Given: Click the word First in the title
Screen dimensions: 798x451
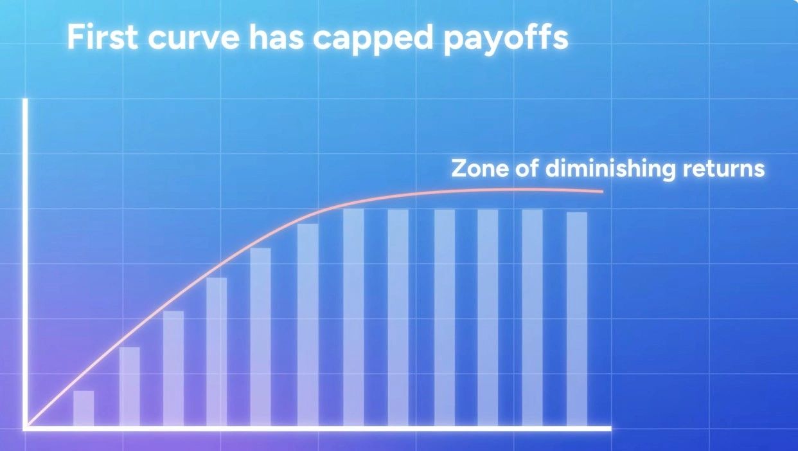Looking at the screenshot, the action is (x=102, y=37).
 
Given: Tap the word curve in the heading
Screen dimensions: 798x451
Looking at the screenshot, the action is (x=193, y=39).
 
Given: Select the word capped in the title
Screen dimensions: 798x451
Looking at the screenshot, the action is (x=373, y=40).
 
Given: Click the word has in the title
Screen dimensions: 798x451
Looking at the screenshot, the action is (x=276, y=37).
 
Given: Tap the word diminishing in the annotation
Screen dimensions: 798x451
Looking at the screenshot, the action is (x=610, y=169).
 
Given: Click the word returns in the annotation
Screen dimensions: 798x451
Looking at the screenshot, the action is (x=723, y=169).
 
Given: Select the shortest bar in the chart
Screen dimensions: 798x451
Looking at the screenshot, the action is (x=84, y=409).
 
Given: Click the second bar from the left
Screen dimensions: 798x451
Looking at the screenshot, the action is (x=130, y=387).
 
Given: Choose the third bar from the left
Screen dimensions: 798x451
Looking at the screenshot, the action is (x=173, y=368).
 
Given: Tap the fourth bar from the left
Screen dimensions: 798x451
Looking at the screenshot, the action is (x=217, y=352).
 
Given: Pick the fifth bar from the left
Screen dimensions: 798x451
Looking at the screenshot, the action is (x=260, y=337).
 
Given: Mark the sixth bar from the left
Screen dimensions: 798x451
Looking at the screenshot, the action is (x=308, y=325).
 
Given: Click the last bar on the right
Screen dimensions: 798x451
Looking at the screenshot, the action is (x=577, y=319).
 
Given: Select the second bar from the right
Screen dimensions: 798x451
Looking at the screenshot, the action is (x=532, y=318).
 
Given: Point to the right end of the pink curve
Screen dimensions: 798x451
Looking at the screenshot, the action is (x=603, y=192).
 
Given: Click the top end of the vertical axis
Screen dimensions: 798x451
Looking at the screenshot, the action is (x=25, y=99).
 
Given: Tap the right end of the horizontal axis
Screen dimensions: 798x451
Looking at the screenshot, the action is (x=611, y=428).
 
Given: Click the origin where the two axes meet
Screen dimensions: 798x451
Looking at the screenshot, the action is (x=25, y=428).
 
